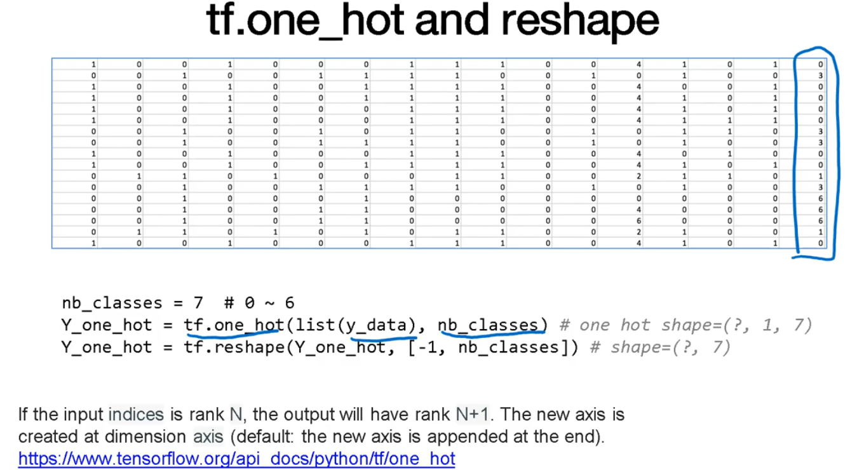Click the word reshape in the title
tap(579, 20)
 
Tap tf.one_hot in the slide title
tap(306, 20)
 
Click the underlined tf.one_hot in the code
tap(234, 325)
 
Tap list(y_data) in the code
tap(351, 325)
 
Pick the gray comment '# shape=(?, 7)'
tap(661, 347)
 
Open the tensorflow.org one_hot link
tap(236, 459)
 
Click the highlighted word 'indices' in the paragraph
tap(136, 415)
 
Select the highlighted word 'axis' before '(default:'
tap(208, 437)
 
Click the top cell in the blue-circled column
tap(820, 64)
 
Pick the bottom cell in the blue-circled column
tap(820, 243)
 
